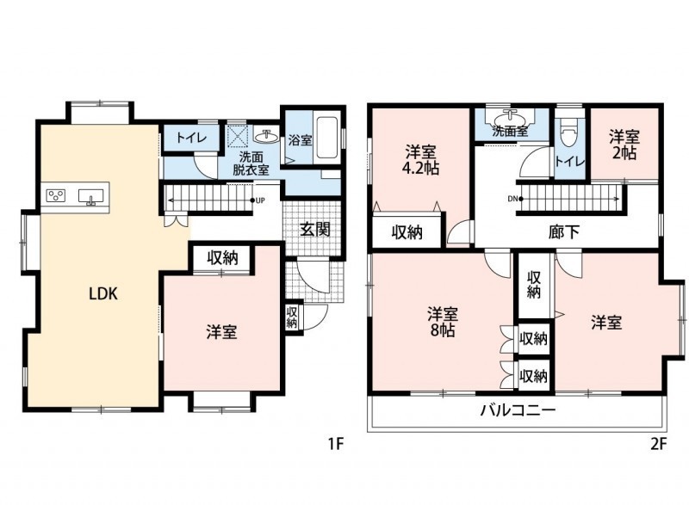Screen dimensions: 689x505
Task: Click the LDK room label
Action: pyautogui.click(x=103, y=293)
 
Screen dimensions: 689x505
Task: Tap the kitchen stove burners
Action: pyautogui.click(x=56, y=195)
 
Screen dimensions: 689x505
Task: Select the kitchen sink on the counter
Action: pyautogui.click(x=91, y=196)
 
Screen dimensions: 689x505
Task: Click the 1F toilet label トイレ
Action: pyautogui.click(x=191, y=138)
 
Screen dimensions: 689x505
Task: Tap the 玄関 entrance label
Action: pyautogui.click(x=314, y=229)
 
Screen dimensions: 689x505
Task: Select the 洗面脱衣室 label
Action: pyautogui.click(x=251, y=163)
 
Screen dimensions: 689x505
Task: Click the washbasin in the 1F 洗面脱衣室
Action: pyautogui.click(x=266, y=137)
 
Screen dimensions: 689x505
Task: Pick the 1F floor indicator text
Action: pyautogui.click(x=335, y=445)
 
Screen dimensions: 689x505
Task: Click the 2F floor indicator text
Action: pyautogui.click(x=658, y=445)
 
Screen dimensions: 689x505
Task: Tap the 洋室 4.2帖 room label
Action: pyautogui.click(x=421, y=160)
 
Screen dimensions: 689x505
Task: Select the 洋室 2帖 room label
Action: pyautogui.click(x=624, y=145)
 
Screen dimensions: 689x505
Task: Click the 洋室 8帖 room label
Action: pyautogui.click(x=443, y=322)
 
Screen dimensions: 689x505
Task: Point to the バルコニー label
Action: pyautogui.click(x=518, y=410)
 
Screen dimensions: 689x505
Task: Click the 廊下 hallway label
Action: pyautogui.click(x=564, y=232)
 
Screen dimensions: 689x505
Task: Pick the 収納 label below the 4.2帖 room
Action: pyautogui.click(x=407, y=232)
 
